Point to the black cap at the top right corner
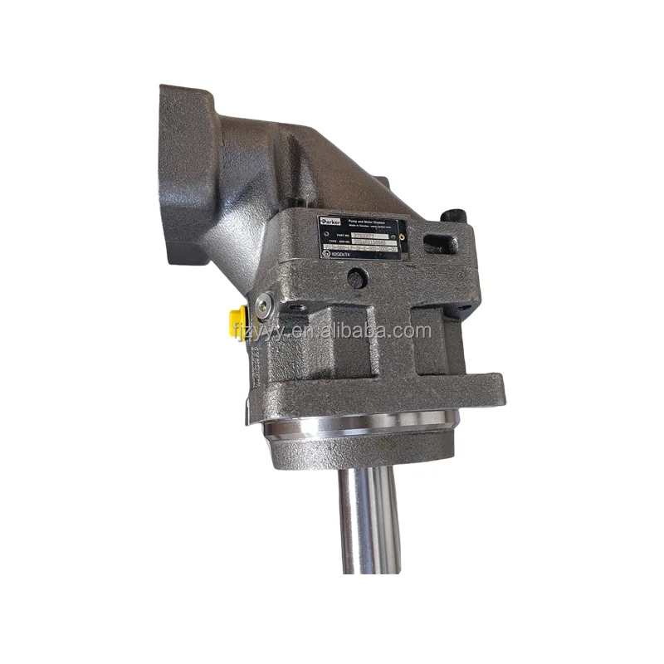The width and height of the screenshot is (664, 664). point(453,215)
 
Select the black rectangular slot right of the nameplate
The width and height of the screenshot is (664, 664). point(439,243)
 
